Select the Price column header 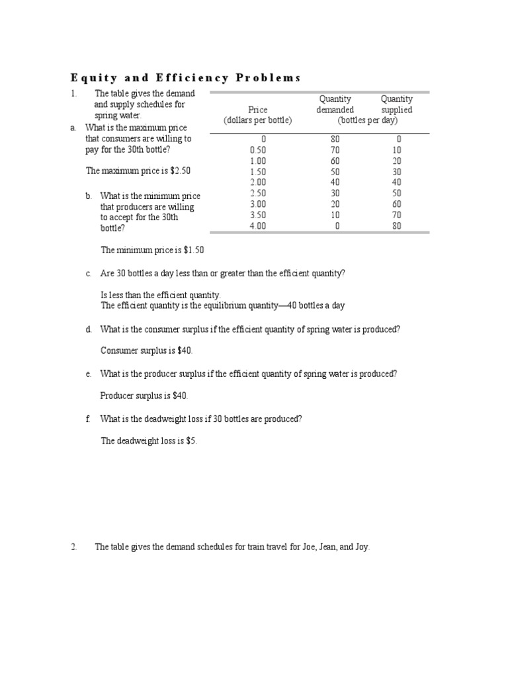tap(257, 110)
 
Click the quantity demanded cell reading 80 tap(335, 139)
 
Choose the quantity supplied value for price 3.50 tap(397, 215)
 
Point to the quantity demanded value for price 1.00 tap(335, 161)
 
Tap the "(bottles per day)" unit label tap(367, 120)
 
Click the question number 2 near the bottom tap(74, 547)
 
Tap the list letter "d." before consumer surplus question tap(89, 329)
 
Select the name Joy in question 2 tap(362, 547)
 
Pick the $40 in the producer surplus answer tap(180, 396)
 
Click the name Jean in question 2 tap(327, 547)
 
